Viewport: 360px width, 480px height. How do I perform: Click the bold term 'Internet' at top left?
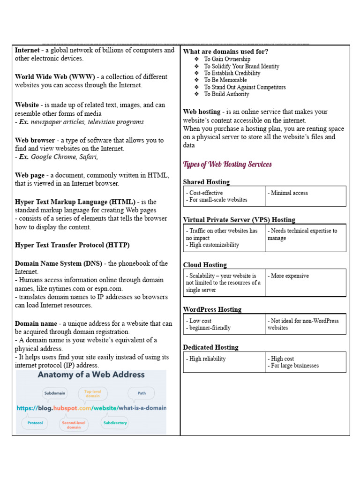[x=27, y=50]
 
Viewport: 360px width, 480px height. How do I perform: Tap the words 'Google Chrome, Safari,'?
[x=64, y=157]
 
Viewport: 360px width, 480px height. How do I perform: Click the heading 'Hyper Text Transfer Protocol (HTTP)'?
[x=72, y=245]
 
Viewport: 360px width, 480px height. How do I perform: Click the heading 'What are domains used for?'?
[x=225, y=52]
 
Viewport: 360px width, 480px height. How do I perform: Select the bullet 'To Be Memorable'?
[x=225, y=80]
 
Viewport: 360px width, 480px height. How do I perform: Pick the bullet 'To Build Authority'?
[x=226, y=94]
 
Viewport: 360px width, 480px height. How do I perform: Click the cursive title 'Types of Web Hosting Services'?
[x=227, y=165]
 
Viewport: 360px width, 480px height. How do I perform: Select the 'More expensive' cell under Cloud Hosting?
[x=288, y=276]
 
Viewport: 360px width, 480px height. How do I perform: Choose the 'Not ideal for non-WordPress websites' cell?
[x=303, y=324]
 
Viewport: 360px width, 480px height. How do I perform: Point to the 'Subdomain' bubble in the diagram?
[x=54, y=393]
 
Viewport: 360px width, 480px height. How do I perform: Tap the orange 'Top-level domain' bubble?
[x=92, y=393]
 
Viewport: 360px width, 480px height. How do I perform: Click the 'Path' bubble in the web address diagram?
[x=142, y=393]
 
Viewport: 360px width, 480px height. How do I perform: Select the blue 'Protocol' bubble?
[x=35, y=423]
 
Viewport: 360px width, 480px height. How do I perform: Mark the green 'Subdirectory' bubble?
[x=115, y=423]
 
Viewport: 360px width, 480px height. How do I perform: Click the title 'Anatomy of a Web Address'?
[x=91, y=375]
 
